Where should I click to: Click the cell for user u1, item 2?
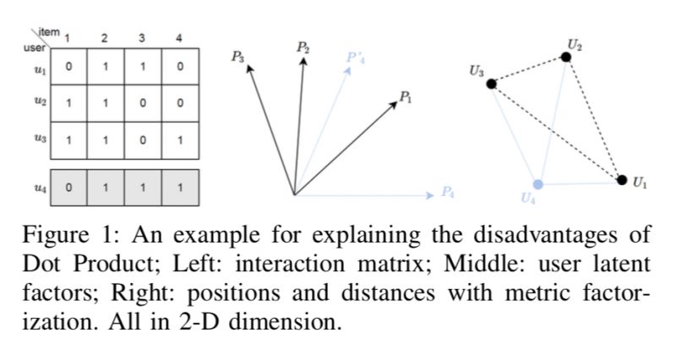105,66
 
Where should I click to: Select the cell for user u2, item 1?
68,103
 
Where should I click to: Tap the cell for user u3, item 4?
179,140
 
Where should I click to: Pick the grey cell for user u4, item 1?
68,187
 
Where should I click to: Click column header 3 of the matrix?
142,37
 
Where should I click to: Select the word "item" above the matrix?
50,31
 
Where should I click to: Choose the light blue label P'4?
356,57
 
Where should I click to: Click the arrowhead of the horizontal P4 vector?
428,195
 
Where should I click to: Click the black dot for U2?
566,57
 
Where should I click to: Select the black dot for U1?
622,179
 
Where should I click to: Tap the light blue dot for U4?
538,183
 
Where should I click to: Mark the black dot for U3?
491,83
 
